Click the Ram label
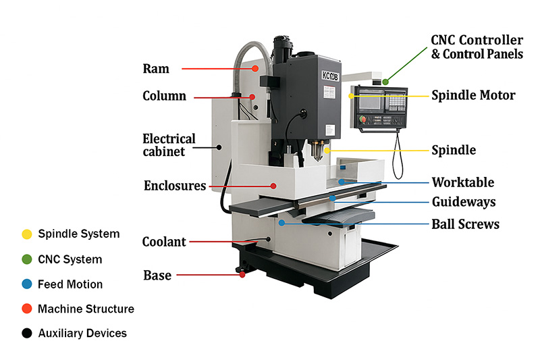tap(156, 69)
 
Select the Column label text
tap(164, 96)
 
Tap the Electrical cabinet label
tap(169, 145)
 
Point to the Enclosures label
tap(175, 185)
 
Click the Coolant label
tap(164, 242)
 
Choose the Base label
tap(157, 275)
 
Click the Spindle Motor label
tap(473, 95)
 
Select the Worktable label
tap(463, 182)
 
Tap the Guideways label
tap(464, 202)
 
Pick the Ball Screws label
tap(465, 224)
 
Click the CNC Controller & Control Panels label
tap(477, 47)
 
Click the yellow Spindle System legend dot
tap(26, 234)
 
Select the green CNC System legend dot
tap(26, 259)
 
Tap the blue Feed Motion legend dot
tap(26, 284)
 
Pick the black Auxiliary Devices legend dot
tap(26, 333)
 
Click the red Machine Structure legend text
tap(86, 309)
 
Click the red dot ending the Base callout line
tap(242, 274)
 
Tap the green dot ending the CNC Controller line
tap(385, 81)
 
